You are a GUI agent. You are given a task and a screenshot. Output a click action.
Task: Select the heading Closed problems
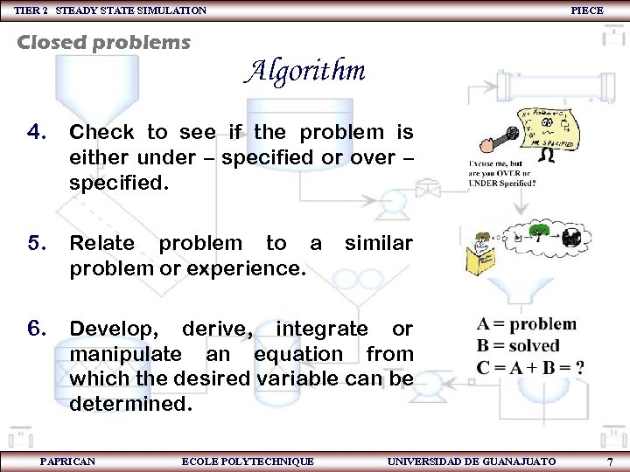[104, 43]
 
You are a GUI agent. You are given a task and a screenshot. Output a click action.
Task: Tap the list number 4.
[36, 133]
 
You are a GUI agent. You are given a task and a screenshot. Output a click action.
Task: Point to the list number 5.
[36, 243]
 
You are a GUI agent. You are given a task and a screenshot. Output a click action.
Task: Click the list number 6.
[36, 329]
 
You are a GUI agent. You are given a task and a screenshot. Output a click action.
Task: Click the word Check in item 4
[101, 133]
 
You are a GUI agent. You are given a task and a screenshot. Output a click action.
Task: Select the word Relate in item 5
[101, 243]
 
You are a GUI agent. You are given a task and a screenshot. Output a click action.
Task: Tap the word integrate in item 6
[322, 329]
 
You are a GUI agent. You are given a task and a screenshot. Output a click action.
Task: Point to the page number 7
[610, 461]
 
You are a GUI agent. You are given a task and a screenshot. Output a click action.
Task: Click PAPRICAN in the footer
[68, 461]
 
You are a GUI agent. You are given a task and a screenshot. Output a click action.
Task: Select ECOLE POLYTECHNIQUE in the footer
[248, 461]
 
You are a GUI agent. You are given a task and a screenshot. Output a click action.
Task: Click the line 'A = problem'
[527, 324]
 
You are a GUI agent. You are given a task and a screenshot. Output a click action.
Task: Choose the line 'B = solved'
[518, 346]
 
